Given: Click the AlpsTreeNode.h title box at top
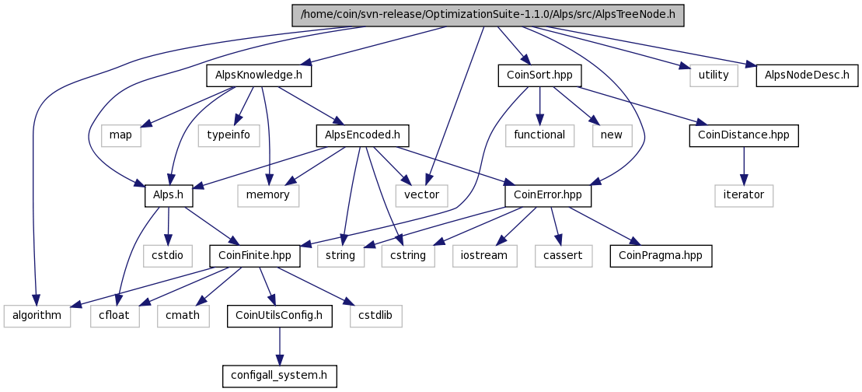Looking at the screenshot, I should [x=487, y=16].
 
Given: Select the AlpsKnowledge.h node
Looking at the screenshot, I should [x=259, y=75].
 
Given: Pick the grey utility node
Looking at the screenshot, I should [x=713, y=75].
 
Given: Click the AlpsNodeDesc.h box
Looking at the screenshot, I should [x=807, y=75].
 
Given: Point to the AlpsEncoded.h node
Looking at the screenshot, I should [x=363, y=135].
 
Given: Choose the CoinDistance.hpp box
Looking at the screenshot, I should [x=744, y=135].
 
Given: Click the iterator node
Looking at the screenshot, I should [x=744, y=195].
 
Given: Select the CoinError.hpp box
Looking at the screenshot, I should [x=548, y=195].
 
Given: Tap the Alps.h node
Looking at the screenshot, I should [x=169, y=195].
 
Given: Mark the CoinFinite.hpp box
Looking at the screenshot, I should [x=255, y=255].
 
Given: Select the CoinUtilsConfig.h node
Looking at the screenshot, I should [x=280, y=316].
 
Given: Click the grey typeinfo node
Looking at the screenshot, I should [x=229, y=135].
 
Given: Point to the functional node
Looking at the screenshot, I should [x=539, y=135].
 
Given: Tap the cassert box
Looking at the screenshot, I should [x=564, y=255].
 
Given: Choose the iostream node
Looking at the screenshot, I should [x=483, y=255].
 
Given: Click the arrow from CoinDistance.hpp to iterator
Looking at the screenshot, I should [x=744, y=165].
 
